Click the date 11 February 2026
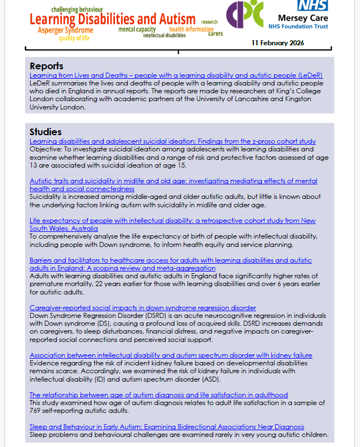(x=277, y=43)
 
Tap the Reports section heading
(x=46, y=66)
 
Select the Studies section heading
(x=45, y=132)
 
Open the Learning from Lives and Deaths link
(x=176, y=75)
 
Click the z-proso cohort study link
(x=172, y=141)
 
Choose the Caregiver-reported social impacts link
(x=142, y=308)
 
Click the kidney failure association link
(x=170, y=355)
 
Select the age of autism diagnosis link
(x=159, y=395)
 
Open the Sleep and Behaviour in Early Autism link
(x=166, y=427)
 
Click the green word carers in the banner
(x=215, y=34)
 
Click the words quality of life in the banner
(x=75, y=38)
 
